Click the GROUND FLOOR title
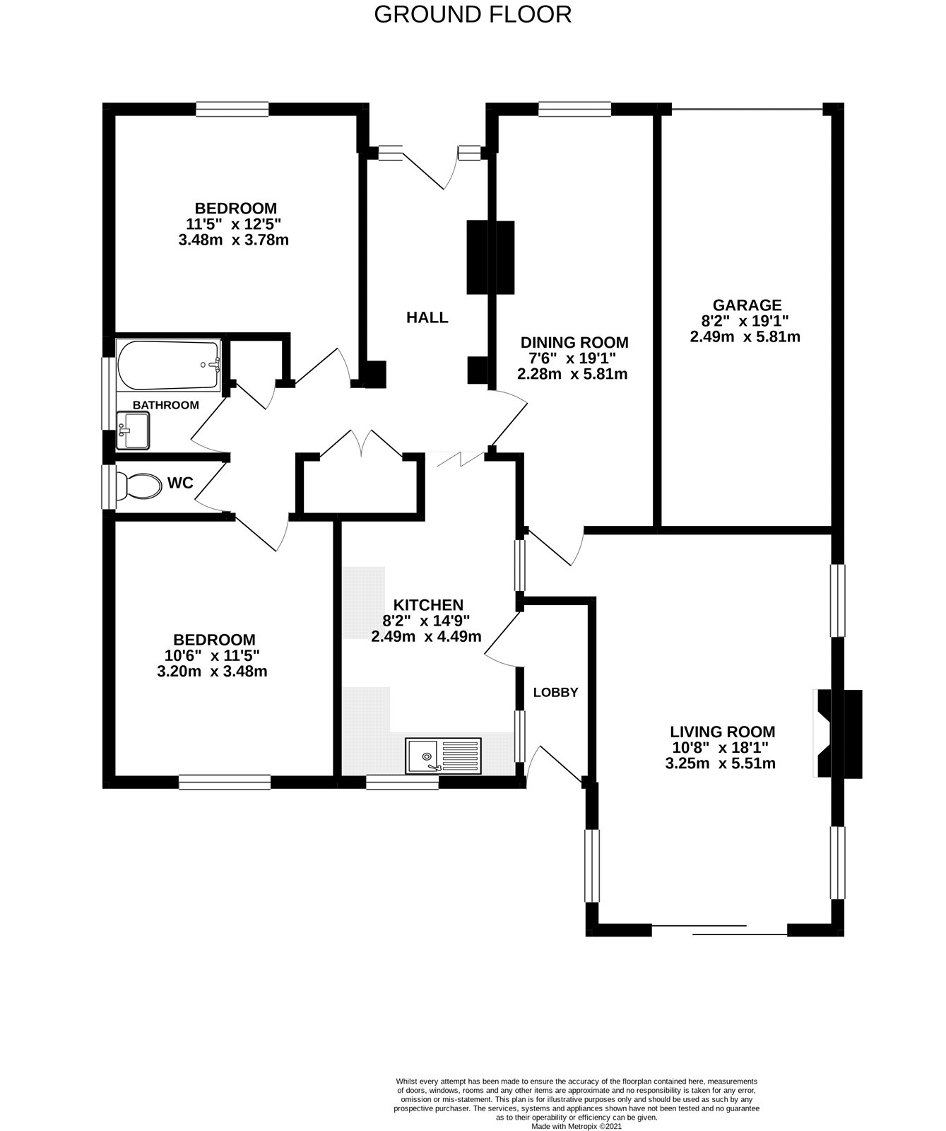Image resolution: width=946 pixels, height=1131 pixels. point(472,14)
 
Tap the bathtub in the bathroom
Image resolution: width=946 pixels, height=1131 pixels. point(169,365)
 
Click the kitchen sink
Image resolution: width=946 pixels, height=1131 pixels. point(443,756)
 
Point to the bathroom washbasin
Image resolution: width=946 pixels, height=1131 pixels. point(134,430)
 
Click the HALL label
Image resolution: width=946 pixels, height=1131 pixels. point(427,318)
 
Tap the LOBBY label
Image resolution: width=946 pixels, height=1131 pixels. point(555,693)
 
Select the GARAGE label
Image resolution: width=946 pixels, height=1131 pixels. point(747,305)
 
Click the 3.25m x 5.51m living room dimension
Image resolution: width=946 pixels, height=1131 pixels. point(721,763)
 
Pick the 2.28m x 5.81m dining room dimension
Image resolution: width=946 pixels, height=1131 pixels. point(572,374)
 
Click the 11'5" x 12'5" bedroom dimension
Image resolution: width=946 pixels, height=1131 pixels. point(234,224)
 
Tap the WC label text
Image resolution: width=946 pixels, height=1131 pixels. point(180,484)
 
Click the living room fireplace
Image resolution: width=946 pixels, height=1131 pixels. point(839,734)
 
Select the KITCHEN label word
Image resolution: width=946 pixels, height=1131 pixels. point(427,605)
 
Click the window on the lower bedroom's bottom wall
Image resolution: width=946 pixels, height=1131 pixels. point(225,782)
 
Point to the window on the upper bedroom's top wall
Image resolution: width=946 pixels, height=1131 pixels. point(232,109)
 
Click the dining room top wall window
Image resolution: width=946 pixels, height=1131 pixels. point(574,109)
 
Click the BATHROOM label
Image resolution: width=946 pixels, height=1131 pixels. point(166,405)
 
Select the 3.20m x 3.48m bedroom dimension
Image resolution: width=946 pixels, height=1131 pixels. point(212,672)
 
